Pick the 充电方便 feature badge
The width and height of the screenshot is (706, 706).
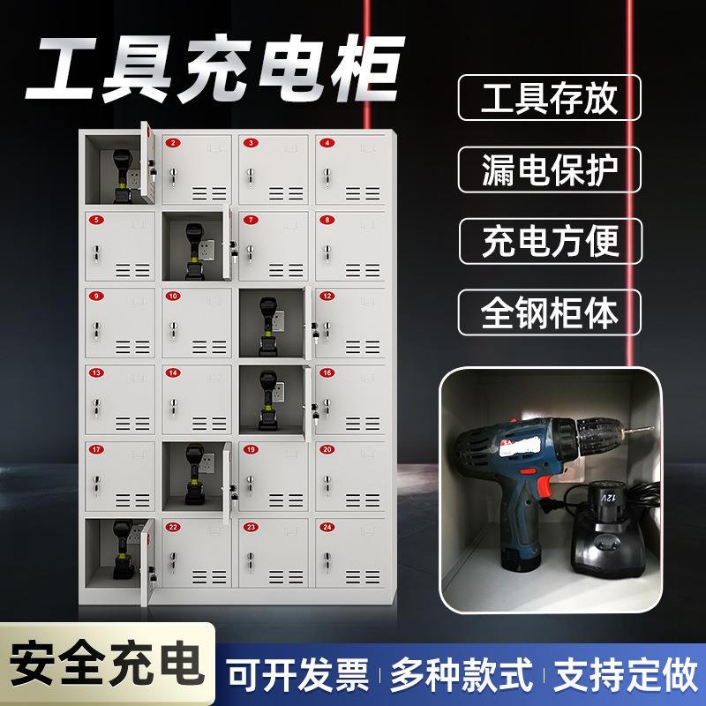pos(549,240)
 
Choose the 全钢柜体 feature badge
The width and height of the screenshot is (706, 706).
pos(549,311)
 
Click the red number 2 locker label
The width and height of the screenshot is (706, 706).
pos(174,143)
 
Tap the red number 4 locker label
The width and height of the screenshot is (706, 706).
pos(328,143)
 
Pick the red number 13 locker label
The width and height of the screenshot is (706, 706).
pos(96,373)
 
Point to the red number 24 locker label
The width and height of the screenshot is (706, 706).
pos(328,527)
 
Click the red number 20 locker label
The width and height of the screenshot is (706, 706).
pos(328,450)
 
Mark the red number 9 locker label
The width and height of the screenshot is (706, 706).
pos(96,297)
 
